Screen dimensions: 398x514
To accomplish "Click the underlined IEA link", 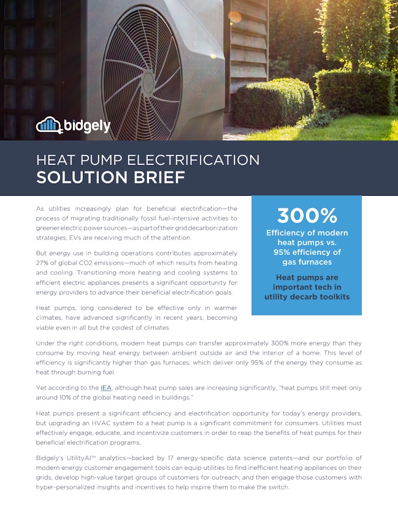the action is point(106,388).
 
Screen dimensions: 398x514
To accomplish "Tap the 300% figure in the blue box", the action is point(307,215).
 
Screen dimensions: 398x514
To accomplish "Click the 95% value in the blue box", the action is point(283,252).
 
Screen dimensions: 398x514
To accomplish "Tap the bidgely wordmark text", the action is point(88,125).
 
